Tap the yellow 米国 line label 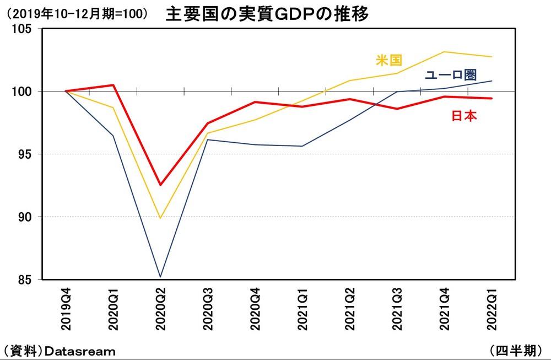click(x=389, y=60)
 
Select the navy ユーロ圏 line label click(x=450, y=76)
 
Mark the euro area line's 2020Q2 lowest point click(x=160, y=277)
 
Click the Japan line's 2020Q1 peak click(x=113, y=85)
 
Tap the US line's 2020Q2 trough click(x=160, y=218)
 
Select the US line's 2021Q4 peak click(x=445, y=52)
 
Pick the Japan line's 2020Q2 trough click(x=160, y=185)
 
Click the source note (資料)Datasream click(x=59, y=351)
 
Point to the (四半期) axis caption click(x=518, y=350)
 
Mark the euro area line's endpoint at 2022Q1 click(x=492, y=81)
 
